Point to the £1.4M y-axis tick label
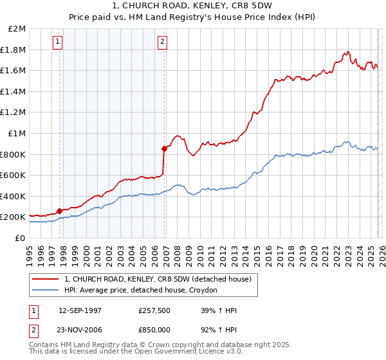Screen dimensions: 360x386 tap(14, 92)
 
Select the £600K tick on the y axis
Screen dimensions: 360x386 tap(14, 175)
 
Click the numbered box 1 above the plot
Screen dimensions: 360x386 tap(58, 42)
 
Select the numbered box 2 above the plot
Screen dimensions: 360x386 tap(162, 42)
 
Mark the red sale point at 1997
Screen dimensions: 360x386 tap(60, 210)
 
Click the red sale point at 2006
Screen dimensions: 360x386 tap(164, 148)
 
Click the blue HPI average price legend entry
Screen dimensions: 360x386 tap(141, 291)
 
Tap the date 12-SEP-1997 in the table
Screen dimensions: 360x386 tap(80, 310)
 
